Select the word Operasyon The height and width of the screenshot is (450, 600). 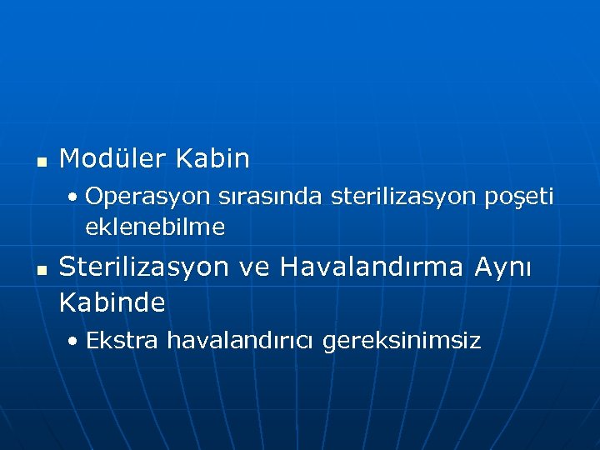click(147, 197)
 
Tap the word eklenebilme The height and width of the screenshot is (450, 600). click(155, 227)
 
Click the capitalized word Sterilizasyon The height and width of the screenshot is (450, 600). click(143, 267)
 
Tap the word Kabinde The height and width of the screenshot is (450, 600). click(112, 303)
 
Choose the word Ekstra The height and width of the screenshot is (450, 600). click(122, 340)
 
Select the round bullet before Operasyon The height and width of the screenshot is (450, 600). click(75, 199)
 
